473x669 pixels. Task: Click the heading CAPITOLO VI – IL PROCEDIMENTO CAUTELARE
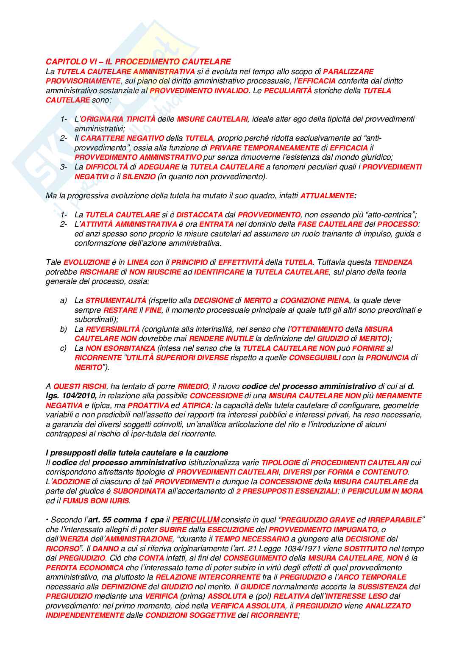click(138, 62)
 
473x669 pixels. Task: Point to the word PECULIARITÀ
click(288, 91)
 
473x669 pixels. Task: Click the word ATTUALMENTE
click(327, 196)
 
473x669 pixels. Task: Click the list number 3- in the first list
click(64, 167)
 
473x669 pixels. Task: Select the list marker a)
click(64, 300)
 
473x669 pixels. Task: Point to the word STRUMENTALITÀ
click(116, 300)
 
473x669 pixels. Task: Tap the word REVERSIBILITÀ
click(112, 329)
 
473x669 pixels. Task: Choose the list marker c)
click(64, 348)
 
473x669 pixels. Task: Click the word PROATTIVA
click(148, 405)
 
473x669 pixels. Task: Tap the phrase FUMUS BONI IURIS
click(96, 501)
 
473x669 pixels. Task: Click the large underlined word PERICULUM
click(195, 519)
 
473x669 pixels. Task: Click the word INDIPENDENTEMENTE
click(85, 615)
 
